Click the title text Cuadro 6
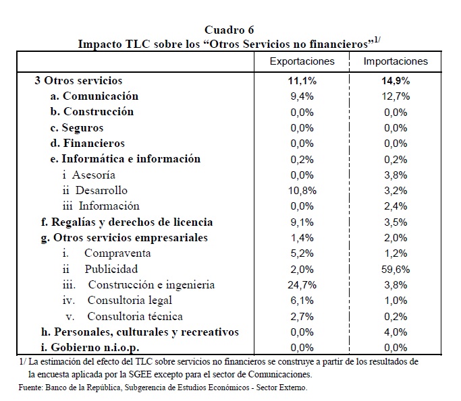(x=229, y=29)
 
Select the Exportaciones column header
(x=302, y=61)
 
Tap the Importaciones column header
(x=396, y=61)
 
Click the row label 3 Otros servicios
(x=78, y=80)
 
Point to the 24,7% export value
(x=302, y=285)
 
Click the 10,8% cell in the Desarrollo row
(x=302, y=191)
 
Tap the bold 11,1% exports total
(x=302, y=80)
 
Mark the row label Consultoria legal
(x=129, y=301)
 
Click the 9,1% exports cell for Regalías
(x=302, y=222)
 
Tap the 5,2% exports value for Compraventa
(x=302, y=253)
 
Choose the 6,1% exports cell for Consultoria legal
(x=302, y=301)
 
